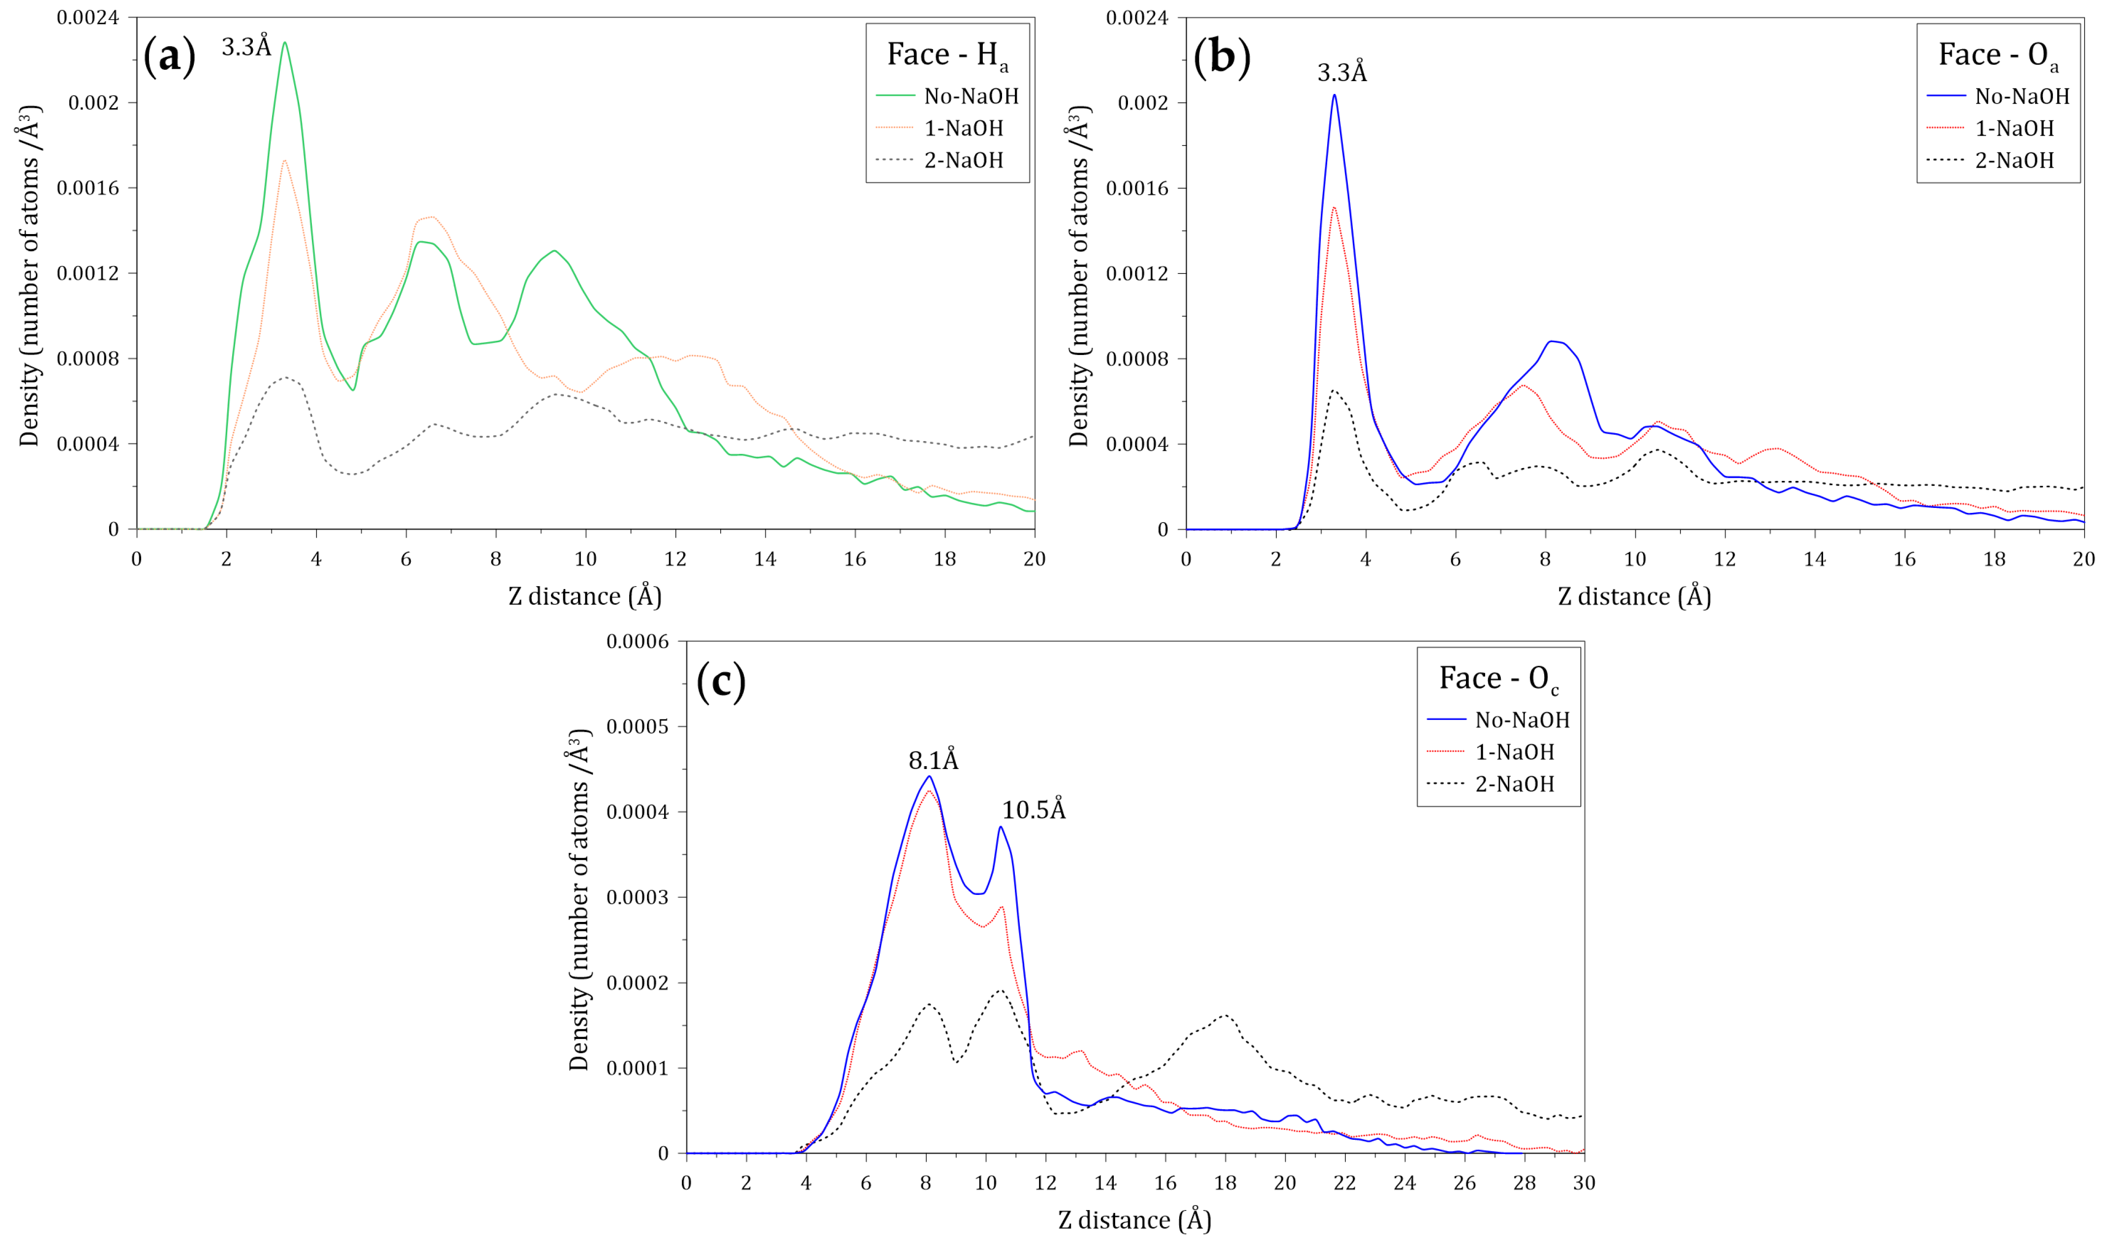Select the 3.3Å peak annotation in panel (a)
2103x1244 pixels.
(246, 46)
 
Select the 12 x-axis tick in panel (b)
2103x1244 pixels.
(1724, 559)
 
